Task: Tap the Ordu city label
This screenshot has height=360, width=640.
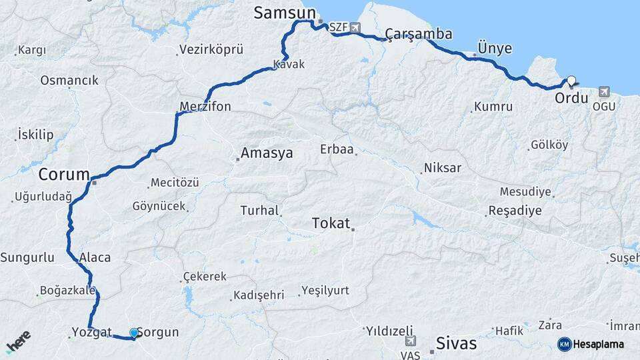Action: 571,99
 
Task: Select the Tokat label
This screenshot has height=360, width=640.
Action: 331,223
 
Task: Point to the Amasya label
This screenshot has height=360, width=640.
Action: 266,153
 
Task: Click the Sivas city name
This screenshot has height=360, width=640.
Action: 456,343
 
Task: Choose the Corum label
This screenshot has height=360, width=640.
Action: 63,175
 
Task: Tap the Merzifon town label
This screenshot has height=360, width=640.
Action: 205,107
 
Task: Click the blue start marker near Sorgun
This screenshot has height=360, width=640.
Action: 134,333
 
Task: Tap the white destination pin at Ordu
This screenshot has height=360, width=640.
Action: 571,82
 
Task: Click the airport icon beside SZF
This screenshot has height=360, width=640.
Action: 354,28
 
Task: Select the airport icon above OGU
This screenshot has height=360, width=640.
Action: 604,91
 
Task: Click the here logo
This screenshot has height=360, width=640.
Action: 18,342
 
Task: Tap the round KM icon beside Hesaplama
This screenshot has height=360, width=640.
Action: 564,344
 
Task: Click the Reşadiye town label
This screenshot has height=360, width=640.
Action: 515,211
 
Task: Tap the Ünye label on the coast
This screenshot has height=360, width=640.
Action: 495,48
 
